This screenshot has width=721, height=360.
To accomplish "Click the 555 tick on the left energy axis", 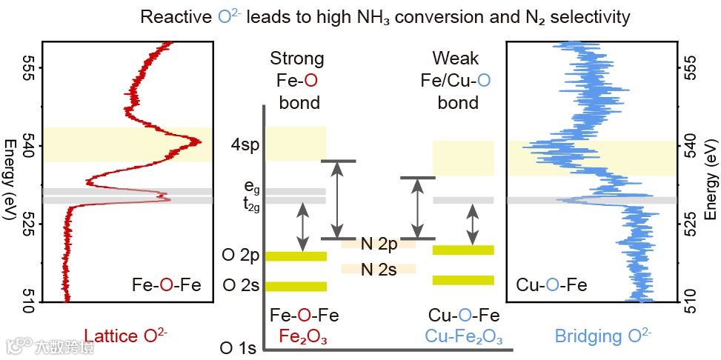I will pos(30,67).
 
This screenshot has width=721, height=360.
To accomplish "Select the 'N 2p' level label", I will pos(378,243).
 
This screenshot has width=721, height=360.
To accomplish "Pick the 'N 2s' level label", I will pos(378,269).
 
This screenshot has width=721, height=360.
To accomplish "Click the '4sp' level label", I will pos(243,144).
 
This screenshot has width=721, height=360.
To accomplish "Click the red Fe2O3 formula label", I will pos(304,337).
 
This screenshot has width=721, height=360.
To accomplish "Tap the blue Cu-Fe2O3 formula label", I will pos(463,337).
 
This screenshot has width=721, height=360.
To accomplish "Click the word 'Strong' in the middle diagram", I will pos(296,59).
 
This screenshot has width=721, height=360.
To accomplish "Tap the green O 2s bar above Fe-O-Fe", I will pos(296,287).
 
